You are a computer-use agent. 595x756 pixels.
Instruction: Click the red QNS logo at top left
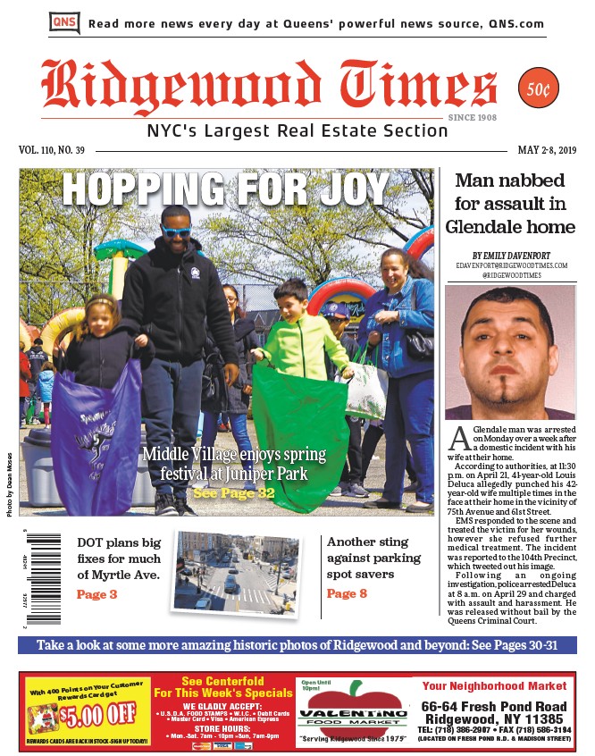tap(64, 22)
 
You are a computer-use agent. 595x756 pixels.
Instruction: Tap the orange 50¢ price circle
tap(539, 88)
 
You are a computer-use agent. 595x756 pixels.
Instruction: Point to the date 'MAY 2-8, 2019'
tap(547, 150)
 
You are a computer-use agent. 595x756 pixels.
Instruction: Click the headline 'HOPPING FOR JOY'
tap(226, 189)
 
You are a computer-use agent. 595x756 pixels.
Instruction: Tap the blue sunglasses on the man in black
tap(176, 231)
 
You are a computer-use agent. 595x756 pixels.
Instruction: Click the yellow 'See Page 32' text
tap(234, 492)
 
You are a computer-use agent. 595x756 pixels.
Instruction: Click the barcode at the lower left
tap(43, 578)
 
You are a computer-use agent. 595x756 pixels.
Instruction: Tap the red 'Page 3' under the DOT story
tap(96, 594)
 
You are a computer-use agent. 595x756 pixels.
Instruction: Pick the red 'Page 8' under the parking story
tap(347, 593)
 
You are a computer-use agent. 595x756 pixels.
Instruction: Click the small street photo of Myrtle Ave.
tap(236, 572)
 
